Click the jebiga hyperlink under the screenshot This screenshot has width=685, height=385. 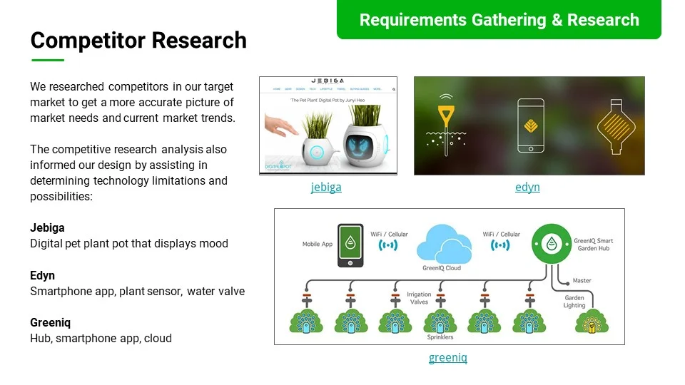click(326, 188)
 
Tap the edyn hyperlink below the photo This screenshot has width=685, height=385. click(527, 188)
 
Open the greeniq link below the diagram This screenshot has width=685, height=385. click(448, 358)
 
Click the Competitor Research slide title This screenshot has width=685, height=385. click(138, 40)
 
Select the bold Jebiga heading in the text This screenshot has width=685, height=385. click(47, 228)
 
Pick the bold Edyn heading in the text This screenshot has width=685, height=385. click(42, 276)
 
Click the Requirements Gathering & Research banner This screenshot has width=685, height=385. click(499, 20)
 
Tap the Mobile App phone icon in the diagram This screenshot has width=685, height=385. click(350, 245)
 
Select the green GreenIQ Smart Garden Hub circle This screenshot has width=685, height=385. click(551, 244)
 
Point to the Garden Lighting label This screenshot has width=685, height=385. click(574, 302)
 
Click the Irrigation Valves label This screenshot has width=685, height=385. click(419, 298)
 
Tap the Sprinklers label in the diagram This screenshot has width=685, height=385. click(440, 337)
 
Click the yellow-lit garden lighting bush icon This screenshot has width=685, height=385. click(592, 322)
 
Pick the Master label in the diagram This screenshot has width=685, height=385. click(582, 281)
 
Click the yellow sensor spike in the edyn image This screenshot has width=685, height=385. click(447, 118)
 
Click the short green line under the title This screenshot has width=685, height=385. click(47, 61)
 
